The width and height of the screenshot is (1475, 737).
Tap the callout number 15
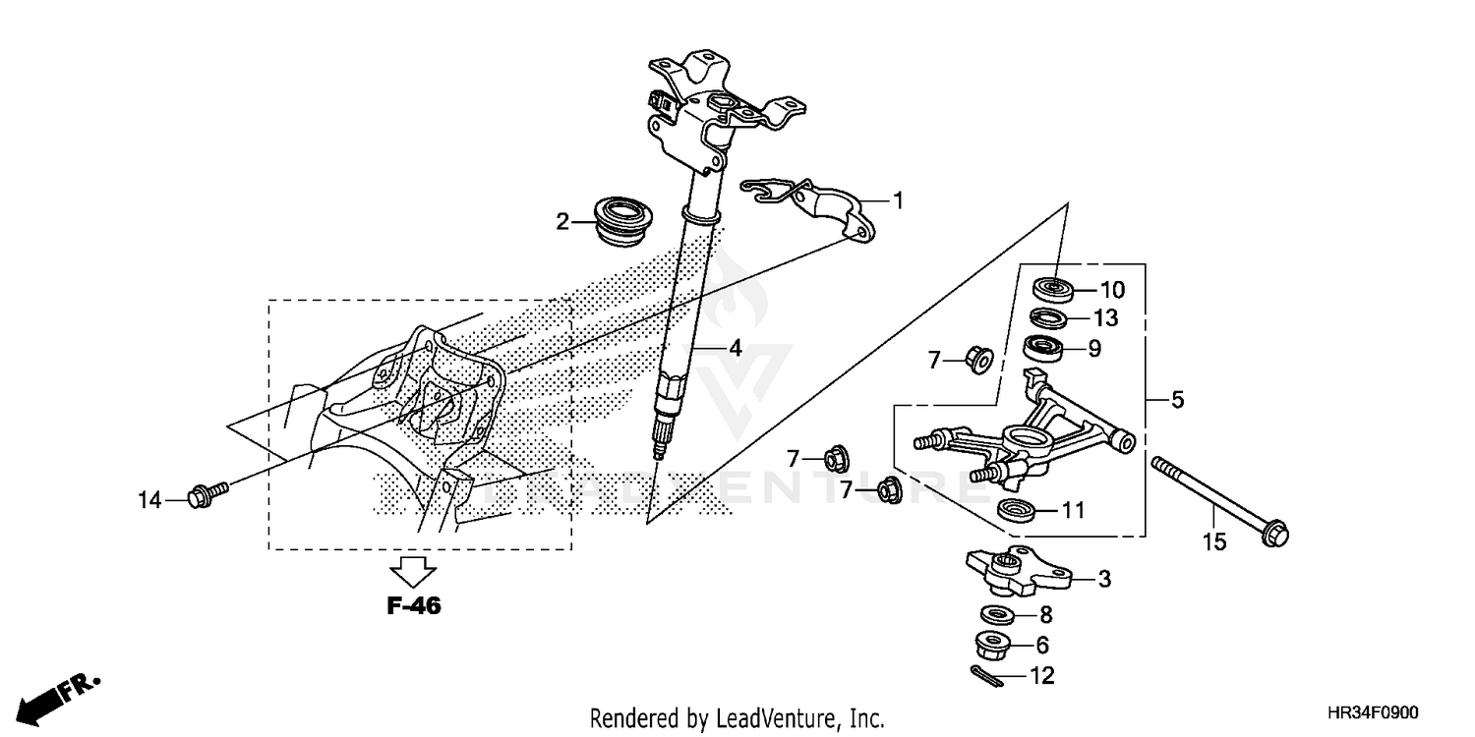pos(1215,542)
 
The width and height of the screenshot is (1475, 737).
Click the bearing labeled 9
pos(1045,347)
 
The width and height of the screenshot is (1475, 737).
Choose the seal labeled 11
pos(1016,510)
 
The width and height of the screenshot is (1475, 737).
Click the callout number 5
pos(1177,401)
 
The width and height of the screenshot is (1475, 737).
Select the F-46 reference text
pos(413,606)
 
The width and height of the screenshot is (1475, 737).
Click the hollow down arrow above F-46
pos(413,570)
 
